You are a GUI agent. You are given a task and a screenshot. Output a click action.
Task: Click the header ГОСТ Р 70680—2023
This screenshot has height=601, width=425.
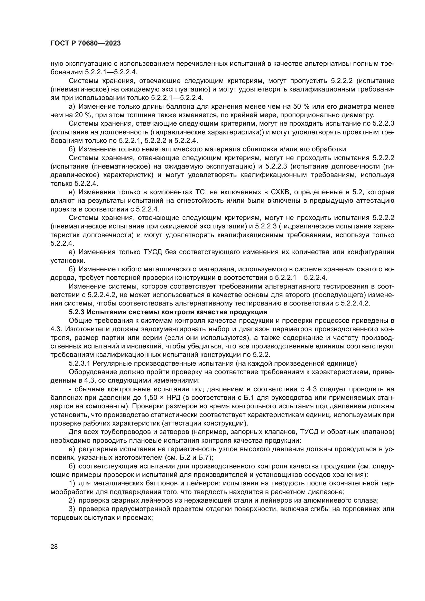pyautogui.click(x=86, y=43)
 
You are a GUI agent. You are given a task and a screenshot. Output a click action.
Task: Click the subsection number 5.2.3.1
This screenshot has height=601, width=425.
pyautogui.click(x=80, y=363)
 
